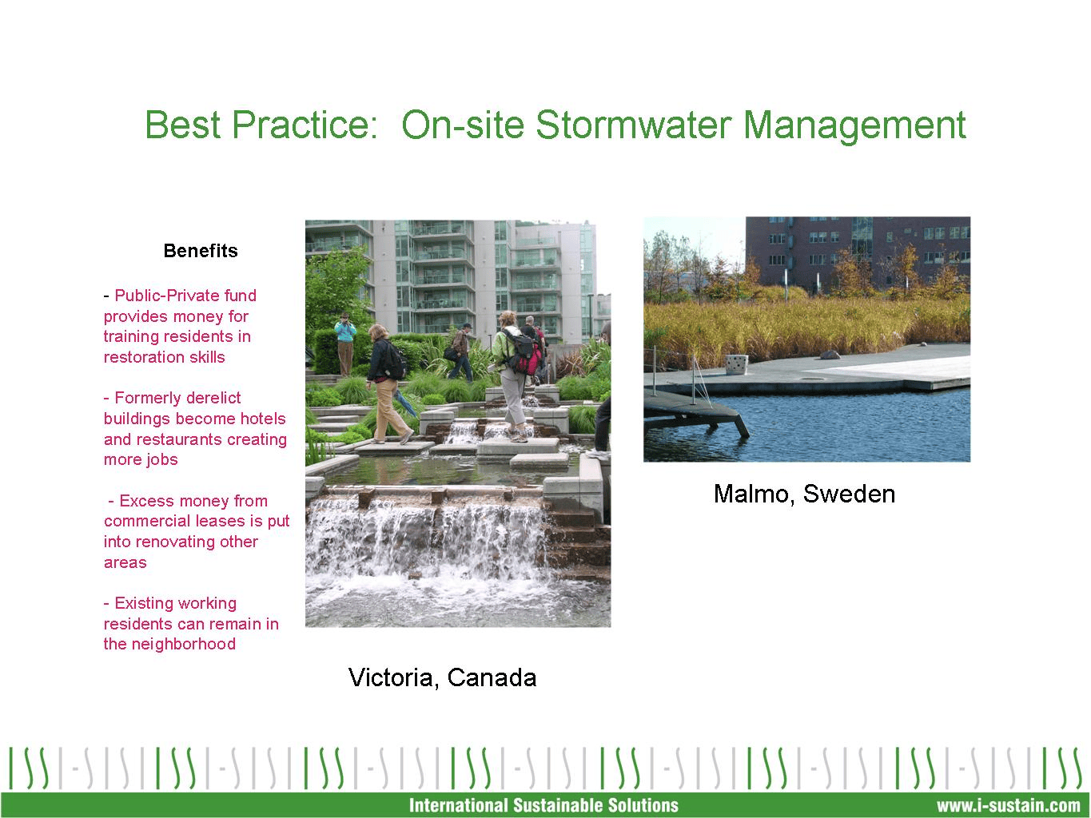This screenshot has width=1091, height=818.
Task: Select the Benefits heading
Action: click(200, 251)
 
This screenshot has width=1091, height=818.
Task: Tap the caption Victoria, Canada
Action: click(442, 677)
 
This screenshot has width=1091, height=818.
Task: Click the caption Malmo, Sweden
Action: click(804, 494)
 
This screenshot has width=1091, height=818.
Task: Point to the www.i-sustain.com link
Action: click(1008, 805)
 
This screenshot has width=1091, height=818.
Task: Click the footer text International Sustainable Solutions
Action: click(544, 805)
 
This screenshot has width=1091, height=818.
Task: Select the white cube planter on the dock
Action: click(736, 364)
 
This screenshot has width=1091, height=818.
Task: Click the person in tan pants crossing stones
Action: click(390, 391)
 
